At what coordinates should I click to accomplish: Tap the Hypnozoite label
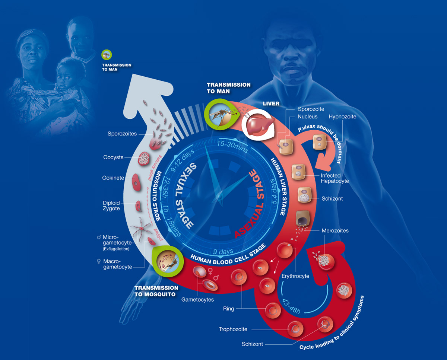click(342, 117)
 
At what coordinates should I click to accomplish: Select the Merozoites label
click(335, 230)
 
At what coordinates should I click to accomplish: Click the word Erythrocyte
click(295, 276)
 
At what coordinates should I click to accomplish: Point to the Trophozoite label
click(233, 329)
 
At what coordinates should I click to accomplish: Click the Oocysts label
click(113, 157)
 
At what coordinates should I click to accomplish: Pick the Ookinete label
click(113, 178)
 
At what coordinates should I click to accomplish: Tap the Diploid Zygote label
click(111, 206)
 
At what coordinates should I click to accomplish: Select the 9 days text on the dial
click(223, 251)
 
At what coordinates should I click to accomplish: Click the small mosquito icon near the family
click(107, 55)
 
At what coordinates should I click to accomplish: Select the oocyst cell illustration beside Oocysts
click(144, 159)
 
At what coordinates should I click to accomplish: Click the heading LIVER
click(271, 103)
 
